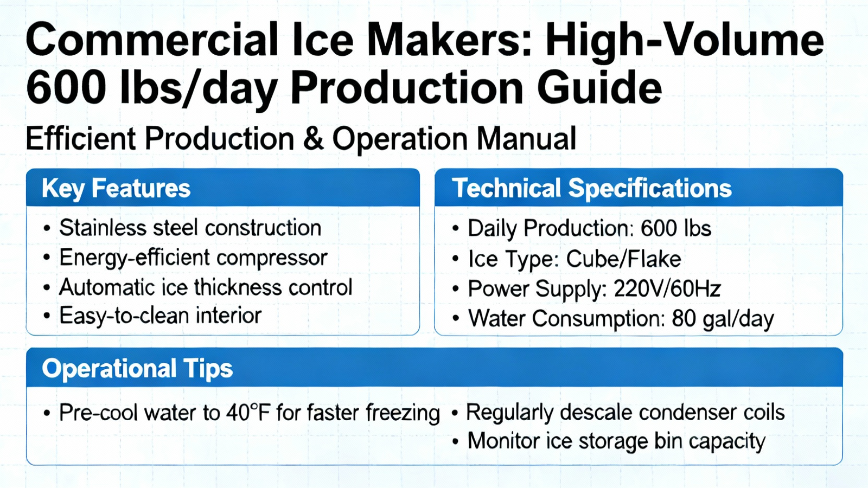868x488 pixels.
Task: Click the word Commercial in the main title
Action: pos(152,40)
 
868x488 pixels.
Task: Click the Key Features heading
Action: pos(116,189)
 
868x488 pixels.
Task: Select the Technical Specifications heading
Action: pos(591,189)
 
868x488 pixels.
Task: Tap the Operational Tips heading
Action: pos(137,368)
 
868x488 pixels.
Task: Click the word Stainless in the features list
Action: pos(103,227)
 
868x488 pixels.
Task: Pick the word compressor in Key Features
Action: pos(272,258)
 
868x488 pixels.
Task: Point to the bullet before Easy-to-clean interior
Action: pos(47,316)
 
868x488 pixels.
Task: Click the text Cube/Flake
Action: pos(623,259)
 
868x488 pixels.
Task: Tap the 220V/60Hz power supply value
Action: pos(667,288)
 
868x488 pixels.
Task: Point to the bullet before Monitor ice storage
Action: pos(455,441)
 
